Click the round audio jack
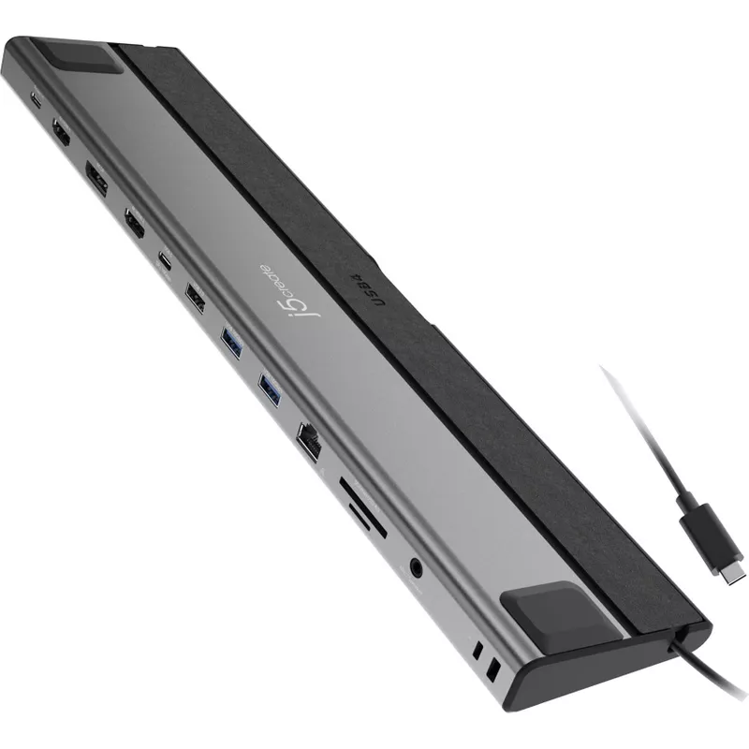click(x=413, y=566)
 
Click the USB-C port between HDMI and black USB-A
click(x=165, y=259)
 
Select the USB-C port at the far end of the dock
click(x=38, y=102)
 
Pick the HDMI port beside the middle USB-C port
click(x=134, y=223)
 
